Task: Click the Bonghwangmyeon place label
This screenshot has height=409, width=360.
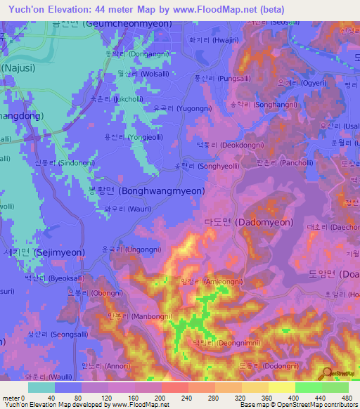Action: pos(146,190)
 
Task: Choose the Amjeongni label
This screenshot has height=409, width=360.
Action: pos(212,281)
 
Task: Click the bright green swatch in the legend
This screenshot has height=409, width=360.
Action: pos(308,387)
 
